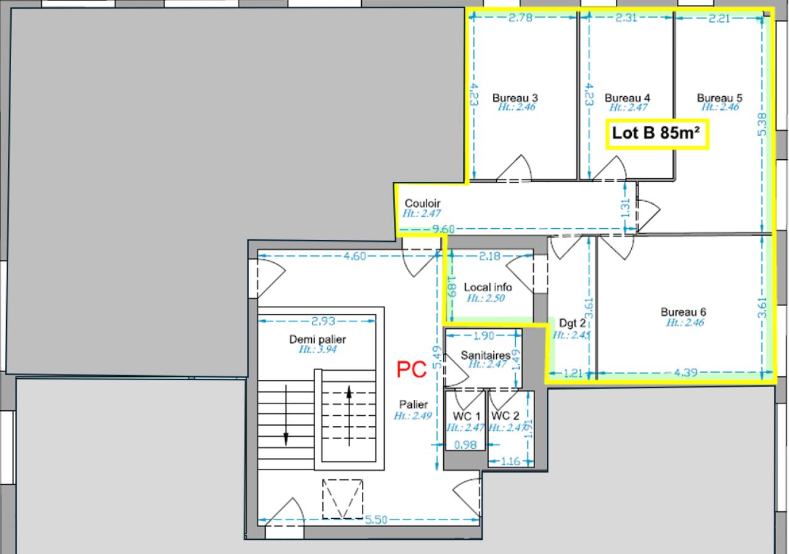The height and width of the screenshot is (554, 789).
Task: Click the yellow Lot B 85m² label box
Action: click(x=658, y=133)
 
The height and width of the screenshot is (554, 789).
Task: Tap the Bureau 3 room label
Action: click(x=515, y=97)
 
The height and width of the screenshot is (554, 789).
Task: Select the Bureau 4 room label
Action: click(x=628, y=97)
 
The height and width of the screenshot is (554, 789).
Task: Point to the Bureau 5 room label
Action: click(x=719, y=97)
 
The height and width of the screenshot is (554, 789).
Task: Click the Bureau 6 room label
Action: click(x=683, y=312)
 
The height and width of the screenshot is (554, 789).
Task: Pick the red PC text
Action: click(x=412, y=369)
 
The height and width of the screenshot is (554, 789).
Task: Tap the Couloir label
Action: click(x=422, y=204)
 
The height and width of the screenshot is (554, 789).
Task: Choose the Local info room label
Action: click(x=488, y=287)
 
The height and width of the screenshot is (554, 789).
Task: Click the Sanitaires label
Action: click(x=485, y=355)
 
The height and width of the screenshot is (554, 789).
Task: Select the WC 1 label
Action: click(x=466, y=416)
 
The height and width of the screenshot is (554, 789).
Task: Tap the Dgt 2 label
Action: click(x=571, y=323)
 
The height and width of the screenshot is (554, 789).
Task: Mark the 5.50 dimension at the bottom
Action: click(x=376, y=519)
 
